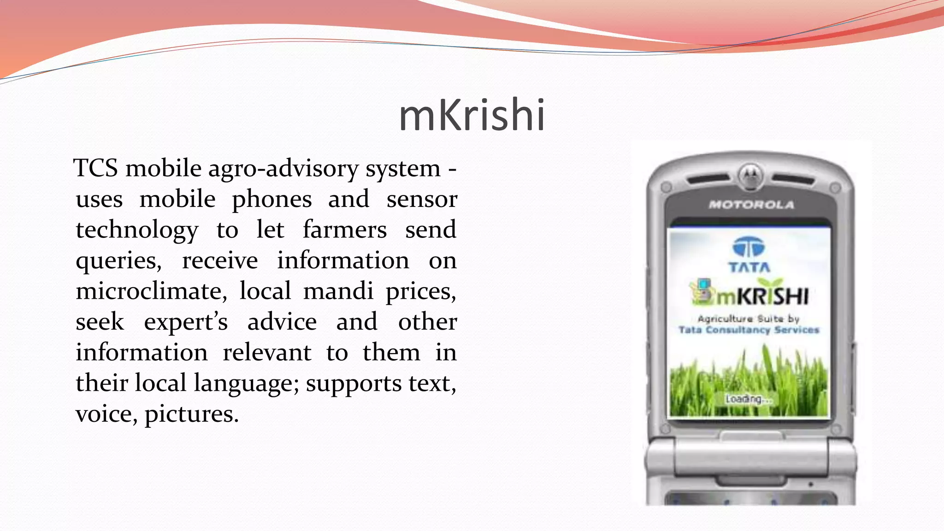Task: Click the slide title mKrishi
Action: pyautogui.click(x=472, y=115)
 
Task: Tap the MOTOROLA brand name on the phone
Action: pyautogui.click(x=751, y=205)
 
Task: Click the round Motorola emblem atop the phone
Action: pyautogui.click(x=751, y=176)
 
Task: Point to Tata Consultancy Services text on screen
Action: pyautogui.click(x=749, y=330)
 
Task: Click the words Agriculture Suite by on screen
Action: pyautogui.click(x=749, y=319)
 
